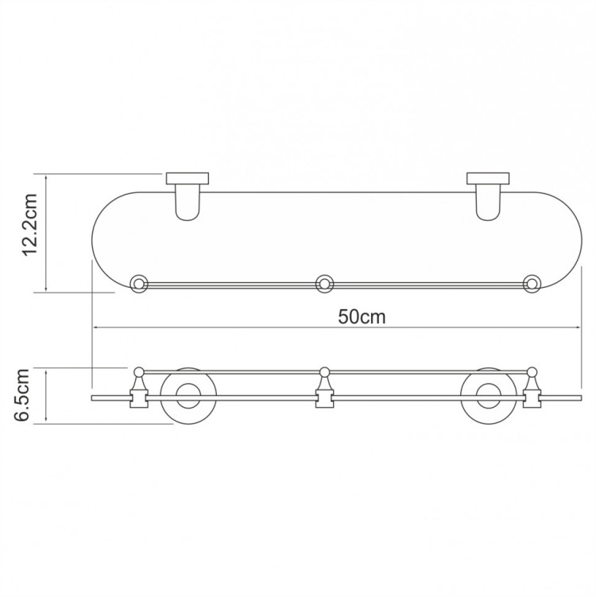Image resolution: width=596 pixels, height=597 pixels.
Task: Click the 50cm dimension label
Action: pyautogui.click(x=362, y=316)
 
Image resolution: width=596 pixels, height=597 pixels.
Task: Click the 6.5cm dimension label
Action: pyautogui.click(x=23, y=394)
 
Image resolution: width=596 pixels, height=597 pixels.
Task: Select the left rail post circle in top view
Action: pyautogui.click(x=139, y=282)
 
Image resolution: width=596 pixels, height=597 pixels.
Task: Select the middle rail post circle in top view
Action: pyautogui.click(x=323, y=282)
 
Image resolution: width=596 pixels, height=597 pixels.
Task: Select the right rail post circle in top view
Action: pyautogui.click(x=532, y=282)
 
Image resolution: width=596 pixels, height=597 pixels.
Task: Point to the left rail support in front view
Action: pyautogui.click(x=139, y=391)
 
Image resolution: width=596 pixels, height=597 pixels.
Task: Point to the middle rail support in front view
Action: pyautogui.click(x=323, y=391)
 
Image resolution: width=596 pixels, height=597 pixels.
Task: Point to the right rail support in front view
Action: pyautogui.click(x=532, y=391)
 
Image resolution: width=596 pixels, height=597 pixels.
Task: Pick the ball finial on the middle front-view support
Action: pyautogui.click(x=323, y=370)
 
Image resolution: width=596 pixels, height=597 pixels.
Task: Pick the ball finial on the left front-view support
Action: pyautogui.click(x=139, y=370)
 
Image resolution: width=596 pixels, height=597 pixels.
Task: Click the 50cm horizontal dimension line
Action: pyautogui.click(x=238, y=328)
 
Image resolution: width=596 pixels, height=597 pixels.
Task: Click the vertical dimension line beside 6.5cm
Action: pyautogui.click(x=48, y=395)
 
